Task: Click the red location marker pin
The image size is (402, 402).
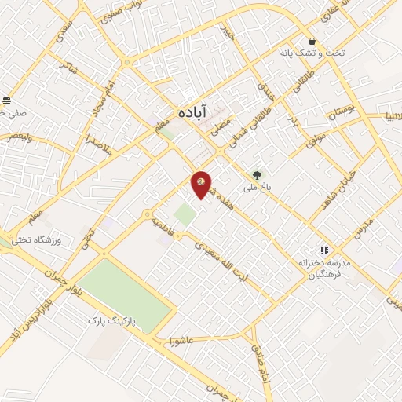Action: [202, 184]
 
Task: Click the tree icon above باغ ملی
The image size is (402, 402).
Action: [256, 174]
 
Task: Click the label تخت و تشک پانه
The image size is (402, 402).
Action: [312, 54]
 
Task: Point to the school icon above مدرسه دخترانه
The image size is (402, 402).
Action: [323, 250]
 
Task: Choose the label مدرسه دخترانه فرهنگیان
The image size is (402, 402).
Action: [323, 269]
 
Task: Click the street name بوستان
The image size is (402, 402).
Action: [342, 111]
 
